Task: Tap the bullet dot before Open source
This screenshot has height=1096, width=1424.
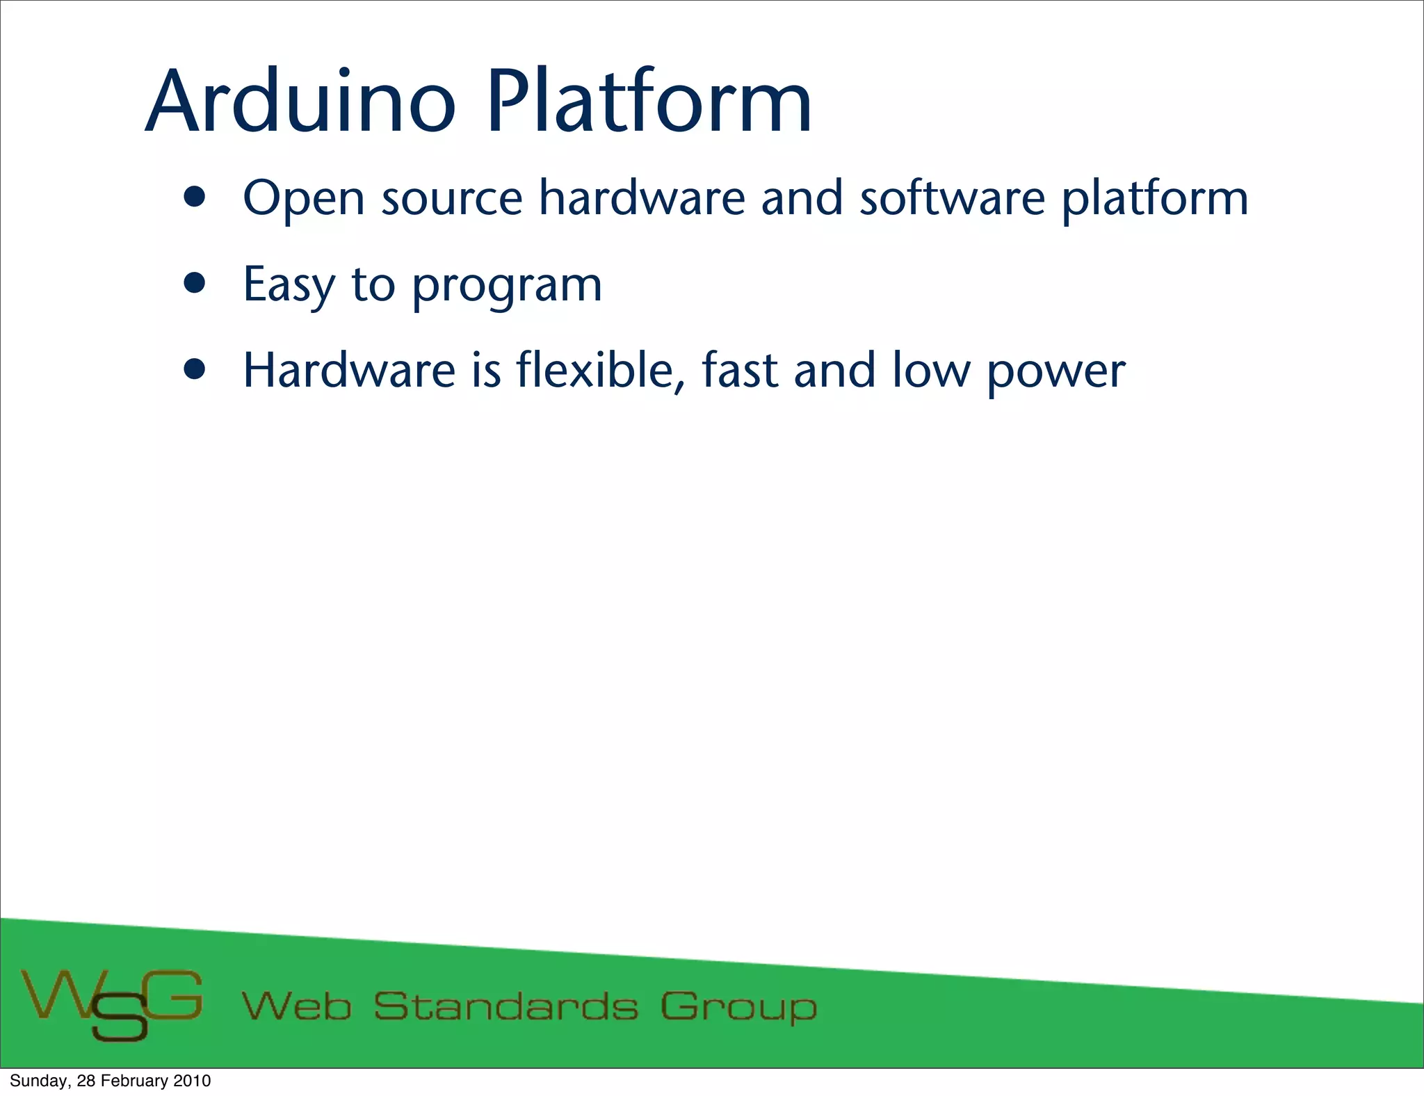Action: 195,198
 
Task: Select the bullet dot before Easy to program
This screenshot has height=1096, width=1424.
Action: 195,284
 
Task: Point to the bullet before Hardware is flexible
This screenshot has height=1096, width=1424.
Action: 195,369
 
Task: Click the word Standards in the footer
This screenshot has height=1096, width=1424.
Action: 505,1007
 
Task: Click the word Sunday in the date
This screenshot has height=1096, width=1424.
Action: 39,1081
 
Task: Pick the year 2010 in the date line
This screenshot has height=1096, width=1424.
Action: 192,1081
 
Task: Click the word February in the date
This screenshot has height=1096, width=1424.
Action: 134,1081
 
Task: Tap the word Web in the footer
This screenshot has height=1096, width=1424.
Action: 296,1007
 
